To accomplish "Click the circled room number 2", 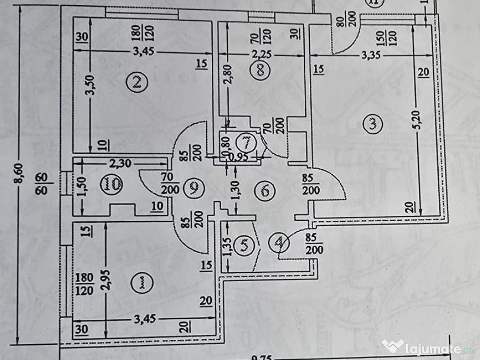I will [137, 82].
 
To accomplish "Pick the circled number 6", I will [265, 191].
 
